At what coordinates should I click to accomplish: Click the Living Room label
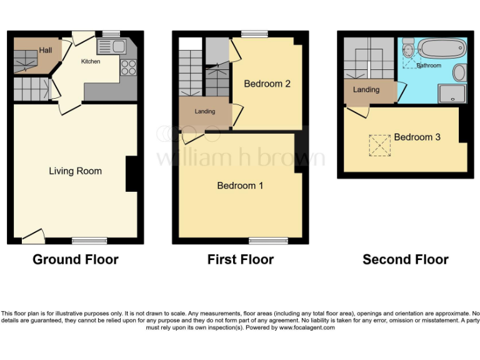[75, 171]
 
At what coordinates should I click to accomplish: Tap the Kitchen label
[91, 61]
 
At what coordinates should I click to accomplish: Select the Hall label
[46, 50]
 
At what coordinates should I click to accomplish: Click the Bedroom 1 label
[240, 186]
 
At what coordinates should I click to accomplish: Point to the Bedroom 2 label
[267, 84]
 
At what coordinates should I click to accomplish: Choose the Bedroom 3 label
[417, 137]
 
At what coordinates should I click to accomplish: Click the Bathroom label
[429, 65]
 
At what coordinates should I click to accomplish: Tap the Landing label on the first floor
[205, 111]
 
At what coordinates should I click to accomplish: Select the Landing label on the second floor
[366, 90]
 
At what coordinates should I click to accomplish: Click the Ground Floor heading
[75, 259]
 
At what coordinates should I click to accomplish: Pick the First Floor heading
[241, 259]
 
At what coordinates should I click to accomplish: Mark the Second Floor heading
[406, 259]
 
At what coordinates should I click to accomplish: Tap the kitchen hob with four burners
[129, 66]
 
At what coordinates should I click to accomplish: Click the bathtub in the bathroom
[442, 47]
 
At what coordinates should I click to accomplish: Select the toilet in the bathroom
[409, 49]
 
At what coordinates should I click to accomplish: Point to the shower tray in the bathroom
[452, 94]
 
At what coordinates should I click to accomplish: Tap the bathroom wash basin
[459, 72]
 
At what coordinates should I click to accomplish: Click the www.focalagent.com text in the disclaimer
[306, 327]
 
